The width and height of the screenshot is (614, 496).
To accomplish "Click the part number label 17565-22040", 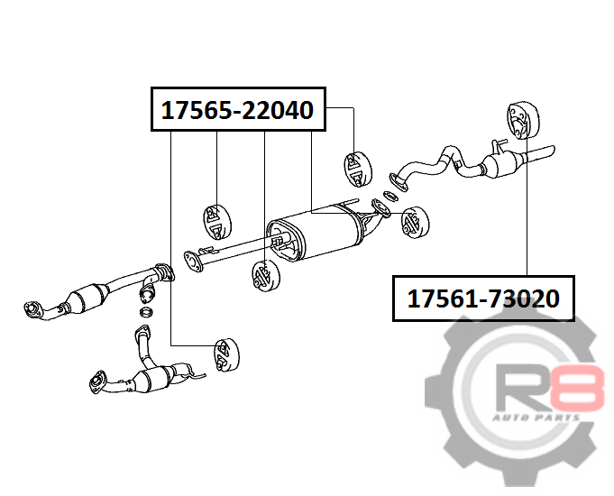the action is click(x=238, y=109).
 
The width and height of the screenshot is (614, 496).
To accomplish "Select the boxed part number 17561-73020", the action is click(x=483, y=299).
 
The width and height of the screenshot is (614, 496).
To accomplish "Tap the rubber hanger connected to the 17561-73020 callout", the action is click(x=523, y=120).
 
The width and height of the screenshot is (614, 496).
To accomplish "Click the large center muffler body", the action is click(x=317, y=234).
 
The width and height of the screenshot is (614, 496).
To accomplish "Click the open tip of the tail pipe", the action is click(x=552, y=151).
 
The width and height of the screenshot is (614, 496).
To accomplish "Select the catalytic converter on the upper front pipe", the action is click(x=88, y=298).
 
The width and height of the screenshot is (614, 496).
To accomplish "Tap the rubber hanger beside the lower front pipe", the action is click(x=226, y=354).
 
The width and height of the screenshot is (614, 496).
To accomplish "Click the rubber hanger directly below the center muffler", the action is click(x=265, y=275).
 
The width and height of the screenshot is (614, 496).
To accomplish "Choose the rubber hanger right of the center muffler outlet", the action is click(x=415, y=222).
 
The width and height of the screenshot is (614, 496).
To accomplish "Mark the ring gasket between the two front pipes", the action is click(x=146, y=312).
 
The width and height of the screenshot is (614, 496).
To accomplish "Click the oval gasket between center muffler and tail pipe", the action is click(x=390, y=196).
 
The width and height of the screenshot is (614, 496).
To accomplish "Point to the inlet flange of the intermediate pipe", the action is click(x=192, y=262).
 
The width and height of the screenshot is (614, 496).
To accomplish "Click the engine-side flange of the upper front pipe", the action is click(x=32, y=308).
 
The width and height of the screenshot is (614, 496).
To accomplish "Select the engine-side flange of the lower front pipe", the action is click(x=97, y=381).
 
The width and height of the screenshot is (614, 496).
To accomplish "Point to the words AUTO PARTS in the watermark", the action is click(x=536, y=418).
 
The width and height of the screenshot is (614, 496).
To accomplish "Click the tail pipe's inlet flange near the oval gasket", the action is click(x=399, y=182).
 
